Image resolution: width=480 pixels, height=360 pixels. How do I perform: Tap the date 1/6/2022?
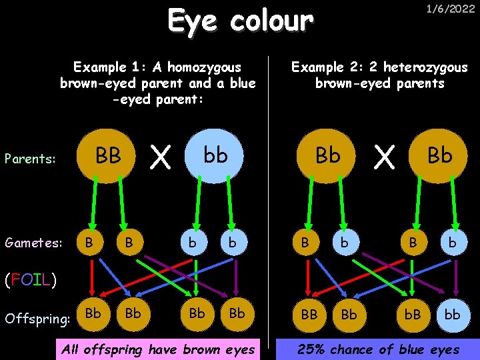451,9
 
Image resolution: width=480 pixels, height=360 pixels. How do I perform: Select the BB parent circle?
109,157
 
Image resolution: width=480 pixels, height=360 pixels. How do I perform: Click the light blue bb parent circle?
215,157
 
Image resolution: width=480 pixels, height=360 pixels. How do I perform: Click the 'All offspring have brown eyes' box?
157,349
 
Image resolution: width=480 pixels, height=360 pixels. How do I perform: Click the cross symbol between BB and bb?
159,158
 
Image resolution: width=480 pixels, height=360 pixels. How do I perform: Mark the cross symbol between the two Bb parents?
383,158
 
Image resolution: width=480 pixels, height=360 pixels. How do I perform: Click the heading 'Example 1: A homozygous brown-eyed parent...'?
157,83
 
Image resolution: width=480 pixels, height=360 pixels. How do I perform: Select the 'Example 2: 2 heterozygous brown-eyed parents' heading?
380,75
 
